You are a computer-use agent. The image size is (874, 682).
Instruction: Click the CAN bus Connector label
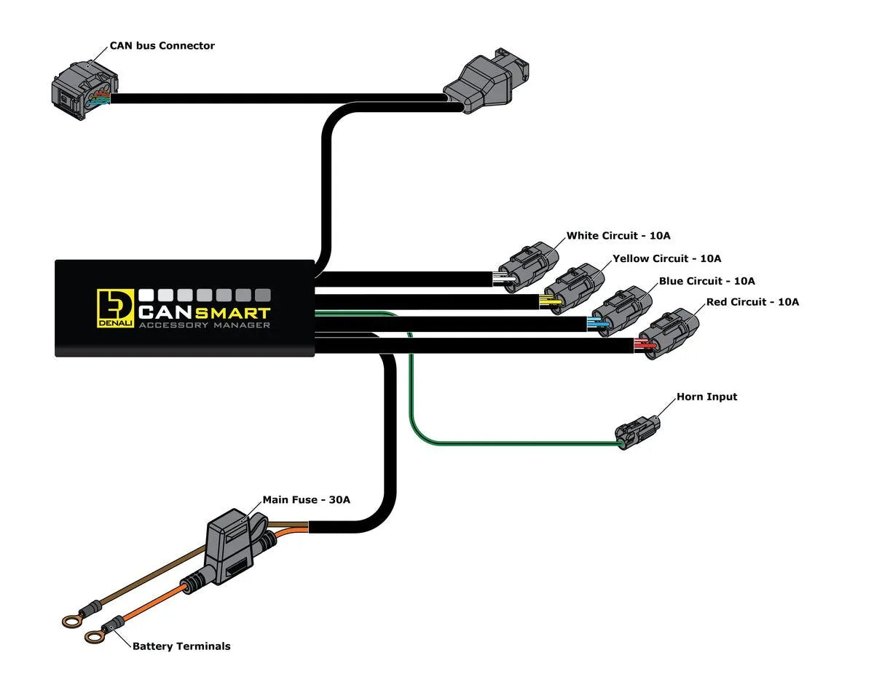point(162,46)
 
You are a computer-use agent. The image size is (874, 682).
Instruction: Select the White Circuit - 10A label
point(618,236)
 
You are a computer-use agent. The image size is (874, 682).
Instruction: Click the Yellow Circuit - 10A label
point(666,258)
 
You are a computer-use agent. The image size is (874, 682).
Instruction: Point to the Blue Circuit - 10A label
point(706,281)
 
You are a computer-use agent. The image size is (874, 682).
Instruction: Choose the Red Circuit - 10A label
point(752,302)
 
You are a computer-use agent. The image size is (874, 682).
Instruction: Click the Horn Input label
point(706,397)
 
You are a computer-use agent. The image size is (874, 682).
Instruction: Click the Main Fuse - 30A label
point(306,500)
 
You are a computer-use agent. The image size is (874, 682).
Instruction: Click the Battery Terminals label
point(181,646)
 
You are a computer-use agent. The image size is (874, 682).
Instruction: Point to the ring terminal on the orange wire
point(93,637)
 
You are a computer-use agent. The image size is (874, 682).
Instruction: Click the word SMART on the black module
point(232,313)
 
